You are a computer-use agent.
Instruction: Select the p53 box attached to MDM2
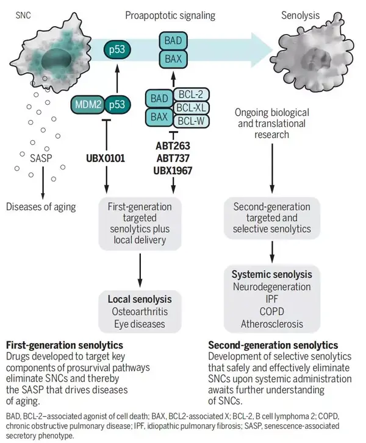tap(117, 105)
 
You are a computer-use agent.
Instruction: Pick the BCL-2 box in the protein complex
tap(192, 94)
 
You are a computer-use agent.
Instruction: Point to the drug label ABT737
tap(173, 158)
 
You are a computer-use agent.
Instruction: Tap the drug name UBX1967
tap(173, 171)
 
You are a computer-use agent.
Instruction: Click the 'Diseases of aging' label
tap(40, 207)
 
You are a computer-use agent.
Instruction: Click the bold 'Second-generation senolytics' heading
tap(273, 345)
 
